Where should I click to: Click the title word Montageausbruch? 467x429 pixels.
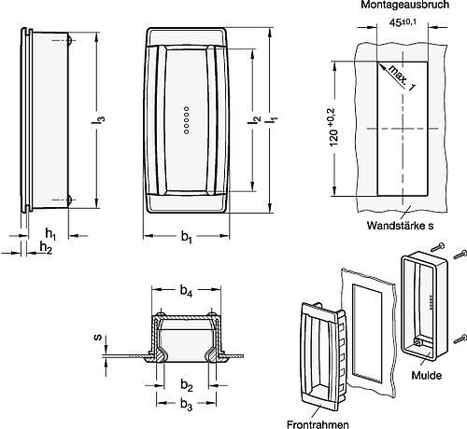pyautogui.click(x=404, y=5)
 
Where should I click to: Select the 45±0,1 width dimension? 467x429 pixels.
pyautogui.click(x=403, y=22)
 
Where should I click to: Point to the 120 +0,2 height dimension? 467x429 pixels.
pyautogui.click(x=333, y=128)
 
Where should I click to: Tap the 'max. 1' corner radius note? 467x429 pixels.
pyautogui.click(x=402, y=78)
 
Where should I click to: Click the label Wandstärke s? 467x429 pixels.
pyautogui.click(x=400, y=226)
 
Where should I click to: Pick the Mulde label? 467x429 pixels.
pyautogui.click(x=427, y=375)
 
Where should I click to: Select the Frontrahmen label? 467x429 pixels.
pyautogui.click(x=318, y=424)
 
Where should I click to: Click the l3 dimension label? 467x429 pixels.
pyautogui.click(x=98, y=119)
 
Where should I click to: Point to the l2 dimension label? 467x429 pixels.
pyautogui.click(x=254, y=119)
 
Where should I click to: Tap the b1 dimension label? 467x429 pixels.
pyautogui.click(x=186, y=237)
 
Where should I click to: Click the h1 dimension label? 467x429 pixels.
pyautogui.click(x=50, y=233)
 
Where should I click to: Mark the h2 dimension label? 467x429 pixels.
pyautogui.click(x=46, y=248)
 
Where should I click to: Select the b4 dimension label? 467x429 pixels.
pyautogui.click(x=186, y=291)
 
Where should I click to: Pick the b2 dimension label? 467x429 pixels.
pyautogui.click(x=187, y=386)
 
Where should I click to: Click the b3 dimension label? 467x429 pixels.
pyautogui.click(x=186, y=404)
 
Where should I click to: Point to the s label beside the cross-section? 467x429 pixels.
pyautogui.click(x=98, y=337)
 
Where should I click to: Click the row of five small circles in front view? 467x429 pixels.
pyautogui.click(x=186, y=120)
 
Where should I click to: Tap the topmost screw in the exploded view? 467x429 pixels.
pyautogui.click(x=438, y=247)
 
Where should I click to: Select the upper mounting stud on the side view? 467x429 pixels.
pyautogui.click(x=70, y=40)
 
